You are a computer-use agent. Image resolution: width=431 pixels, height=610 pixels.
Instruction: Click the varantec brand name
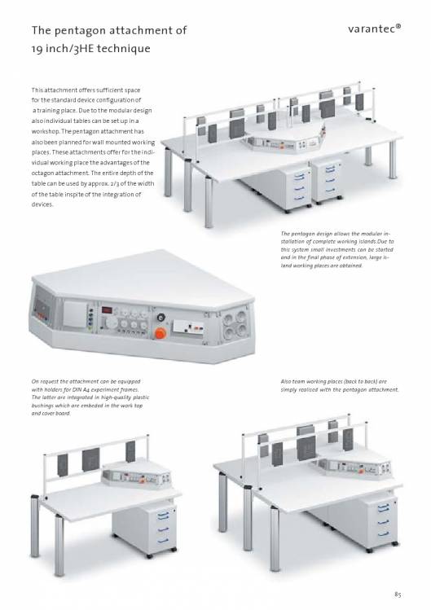(374, 29)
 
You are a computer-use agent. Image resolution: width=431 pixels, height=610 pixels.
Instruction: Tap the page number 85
(398, 594)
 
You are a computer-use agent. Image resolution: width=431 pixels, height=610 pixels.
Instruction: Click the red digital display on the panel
(107, 309)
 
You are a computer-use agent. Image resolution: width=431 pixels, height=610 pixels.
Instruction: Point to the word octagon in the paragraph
(43, 173)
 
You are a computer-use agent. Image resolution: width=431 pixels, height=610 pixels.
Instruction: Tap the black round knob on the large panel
(160, 317)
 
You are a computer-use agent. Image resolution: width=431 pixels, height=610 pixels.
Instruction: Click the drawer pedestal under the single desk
(144, 529)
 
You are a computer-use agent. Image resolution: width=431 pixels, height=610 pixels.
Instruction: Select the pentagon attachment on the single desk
(136, 475)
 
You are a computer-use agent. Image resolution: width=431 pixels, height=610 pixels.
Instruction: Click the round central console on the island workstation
(283, 138)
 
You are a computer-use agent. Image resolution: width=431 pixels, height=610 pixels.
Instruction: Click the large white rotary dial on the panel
(112, 322)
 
